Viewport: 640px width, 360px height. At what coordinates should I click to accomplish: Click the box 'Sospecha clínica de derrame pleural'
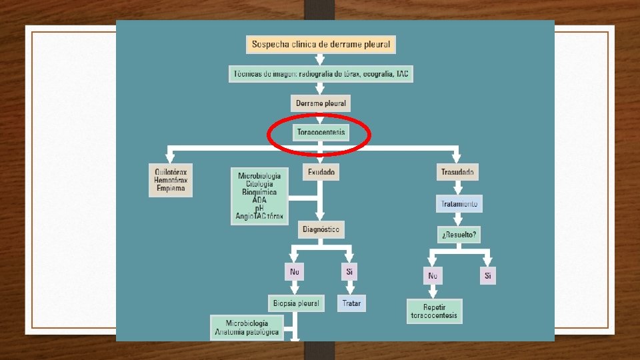point(321,45)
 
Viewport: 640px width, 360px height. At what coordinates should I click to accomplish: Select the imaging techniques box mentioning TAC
point(321,74)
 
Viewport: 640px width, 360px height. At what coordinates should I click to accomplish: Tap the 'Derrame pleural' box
point(321,104)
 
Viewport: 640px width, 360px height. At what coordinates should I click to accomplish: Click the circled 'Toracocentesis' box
point(321,132)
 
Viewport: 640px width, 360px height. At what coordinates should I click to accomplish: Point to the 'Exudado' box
point(321,172)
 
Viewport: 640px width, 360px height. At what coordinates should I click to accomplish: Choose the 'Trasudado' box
point(457,172)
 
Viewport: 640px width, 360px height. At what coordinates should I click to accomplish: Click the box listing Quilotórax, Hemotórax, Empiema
point(171,180)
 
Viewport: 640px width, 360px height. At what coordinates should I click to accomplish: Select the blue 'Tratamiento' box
point(459,204)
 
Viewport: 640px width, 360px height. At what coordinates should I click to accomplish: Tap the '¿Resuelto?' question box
point(459,235)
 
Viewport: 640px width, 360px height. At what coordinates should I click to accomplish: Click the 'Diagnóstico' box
point(321,230)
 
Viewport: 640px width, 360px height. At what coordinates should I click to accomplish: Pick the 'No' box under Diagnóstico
point(294,272)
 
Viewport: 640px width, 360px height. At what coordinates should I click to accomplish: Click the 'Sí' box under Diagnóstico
point(349,272)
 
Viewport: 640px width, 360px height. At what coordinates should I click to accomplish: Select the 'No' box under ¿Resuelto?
point(433,275)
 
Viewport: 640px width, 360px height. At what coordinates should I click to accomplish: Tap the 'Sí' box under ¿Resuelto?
point(487,275)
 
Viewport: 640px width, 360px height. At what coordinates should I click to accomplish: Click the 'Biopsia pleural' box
point(296,303)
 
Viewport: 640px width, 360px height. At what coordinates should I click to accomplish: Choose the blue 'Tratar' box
point(351,303)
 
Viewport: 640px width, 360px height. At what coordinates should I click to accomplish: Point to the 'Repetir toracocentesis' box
point(434,311)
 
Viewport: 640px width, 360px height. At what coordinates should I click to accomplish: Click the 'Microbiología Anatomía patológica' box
point(247,327)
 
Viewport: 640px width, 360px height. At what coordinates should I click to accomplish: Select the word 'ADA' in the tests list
point(259,200)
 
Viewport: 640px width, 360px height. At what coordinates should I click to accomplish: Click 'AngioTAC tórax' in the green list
point(259,216)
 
